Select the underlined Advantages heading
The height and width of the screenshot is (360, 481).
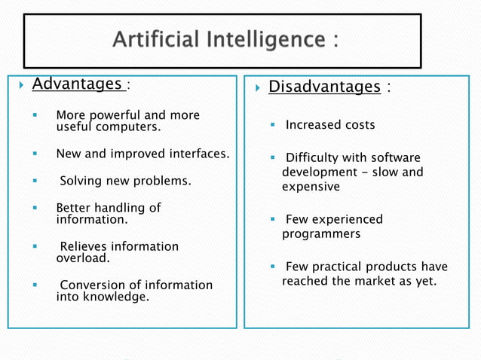[77, 84]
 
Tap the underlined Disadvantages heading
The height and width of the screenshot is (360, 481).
[324, 87]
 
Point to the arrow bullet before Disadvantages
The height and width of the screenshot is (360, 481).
[257, 88]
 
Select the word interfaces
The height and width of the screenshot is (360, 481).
[198, 154]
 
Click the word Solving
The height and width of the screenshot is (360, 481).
[83, 182]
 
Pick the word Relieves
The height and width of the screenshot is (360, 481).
[84, 246]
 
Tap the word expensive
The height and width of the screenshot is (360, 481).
[311, 187]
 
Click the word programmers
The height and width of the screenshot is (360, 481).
[321, 234]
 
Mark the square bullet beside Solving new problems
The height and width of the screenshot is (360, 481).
[35, 182]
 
